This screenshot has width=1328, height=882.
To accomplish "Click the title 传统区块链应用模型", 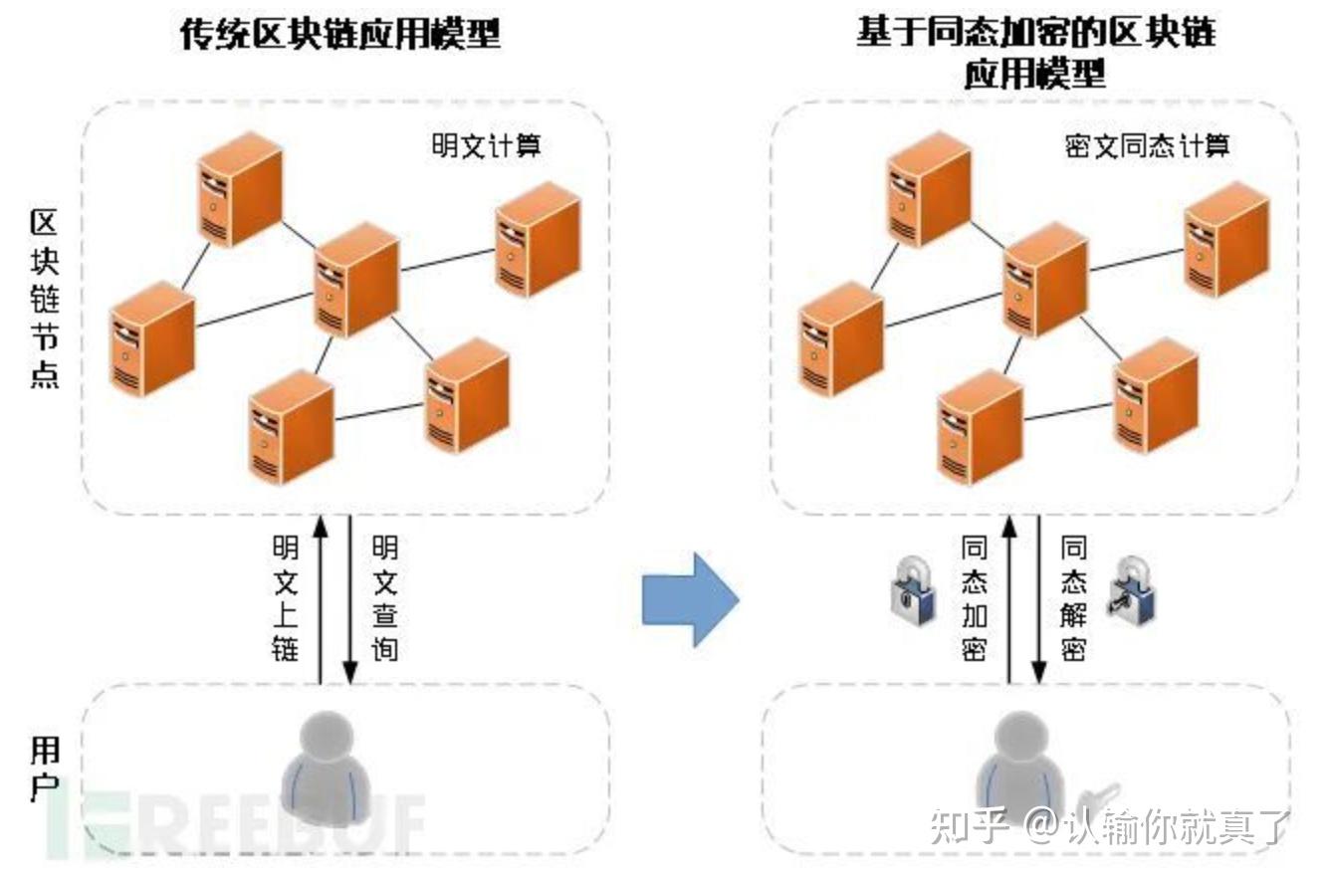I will [339, 36].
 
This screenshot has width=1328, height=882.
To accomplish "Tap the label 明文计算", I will [486, 146].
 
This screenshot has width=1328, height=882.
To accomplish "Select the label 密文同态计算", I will [1147, 146].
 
